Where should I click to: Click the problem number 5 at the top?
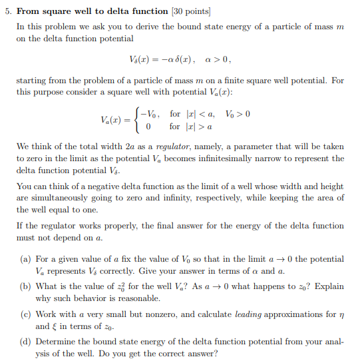7,11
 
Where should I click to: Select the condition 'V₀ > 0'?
238,114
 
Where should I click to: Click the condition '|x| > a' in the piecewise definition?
200,127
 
